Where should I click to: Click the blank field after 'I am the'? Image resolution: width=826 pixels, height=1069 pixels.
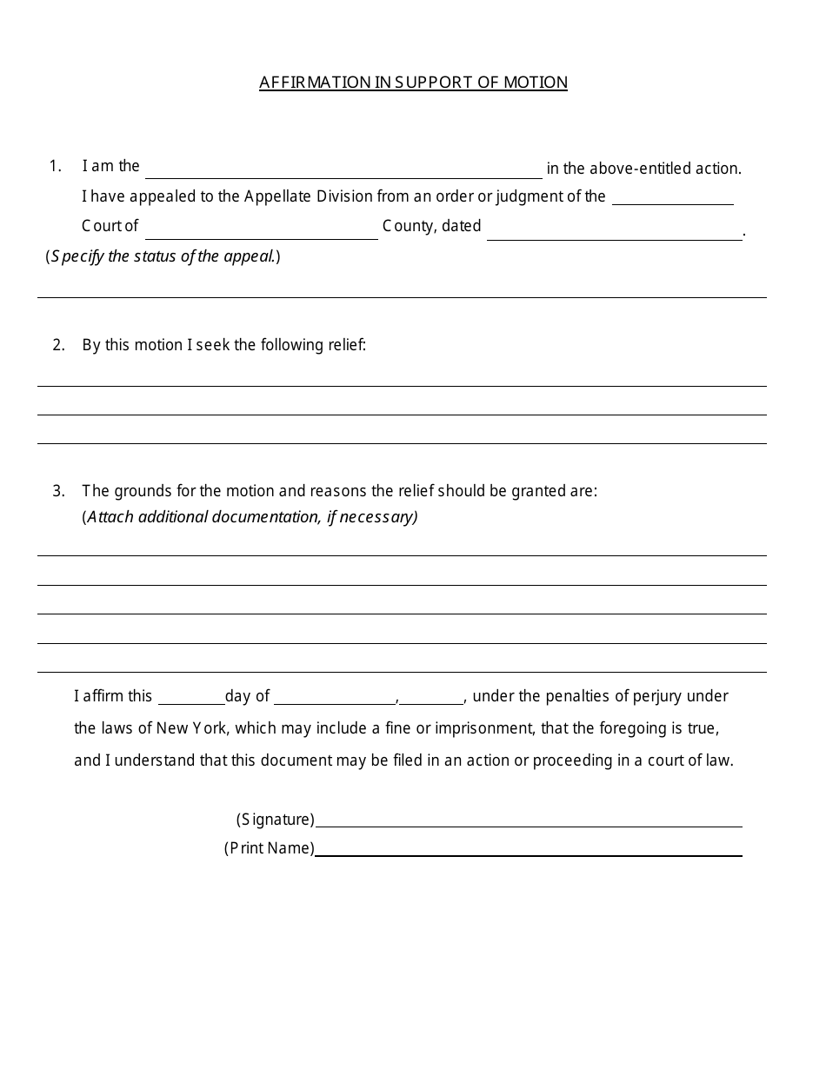[343, 169]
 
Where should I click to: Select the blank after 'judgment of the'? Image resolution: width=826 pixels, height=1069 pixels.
[673, 198]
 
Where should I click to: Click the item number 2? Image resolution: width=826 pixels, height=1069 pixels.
[58, 345]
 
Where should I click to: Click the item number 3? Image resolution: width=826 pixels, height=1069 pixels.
[58, 491]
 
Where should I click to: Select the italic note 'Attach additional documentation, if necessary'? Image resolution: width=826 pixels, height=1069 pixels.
[250, 517]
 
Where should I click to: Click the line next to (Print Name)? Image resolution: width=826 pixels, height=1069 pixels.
[529, 849]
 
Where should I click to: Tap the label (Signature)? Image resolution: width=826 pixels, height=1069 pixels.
[275, 820]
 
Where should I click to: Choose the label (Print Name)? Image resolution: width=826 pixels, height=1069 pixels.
[269, 848]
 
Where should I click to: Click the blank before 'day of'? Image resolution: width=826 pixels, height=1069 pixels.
[190, 697]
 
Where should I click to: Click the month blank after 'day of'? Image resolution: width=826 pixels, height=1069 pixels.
[335, 697]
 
